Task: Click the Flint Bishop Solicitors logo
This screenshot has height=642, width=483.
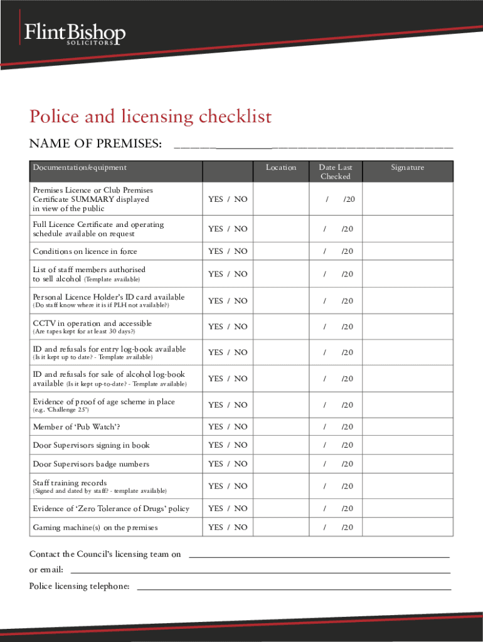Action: coord(74,34)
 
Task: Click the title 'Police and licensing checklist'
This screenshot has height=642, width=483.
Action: coord(151,117)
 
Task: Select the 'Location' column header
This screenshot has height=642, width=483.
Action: coord(280,167)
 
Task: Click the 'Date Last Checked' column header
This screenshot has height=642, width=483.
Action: coord(336,172)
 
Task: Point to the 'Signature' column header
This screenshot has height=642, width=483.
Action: coord(407,167)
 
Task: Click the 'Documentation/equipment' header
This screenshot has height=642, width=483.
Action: coord(80,167)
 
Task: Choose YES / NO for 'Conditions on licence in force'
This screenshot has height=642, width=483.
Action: coord(228,251)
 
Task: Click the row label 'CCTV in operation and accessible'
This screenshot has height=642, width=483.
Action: coord(92,324)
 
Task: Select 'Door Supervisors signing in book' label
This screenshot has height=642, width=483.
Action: coord(91,445)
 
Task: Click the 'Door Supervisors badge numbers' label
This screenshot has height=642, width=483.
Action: coord(91,464)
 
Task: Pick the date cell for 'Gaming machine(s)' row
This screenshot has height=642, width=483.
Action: coord(336,527)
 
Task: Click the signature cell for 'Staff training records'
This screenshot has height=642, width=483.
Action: coord(407,486)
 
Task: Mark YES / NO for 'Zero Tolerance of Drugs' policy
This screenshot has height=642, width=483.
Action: coord(228,508)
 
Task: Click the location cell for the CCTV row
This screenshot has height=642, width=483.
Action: coord(280,327)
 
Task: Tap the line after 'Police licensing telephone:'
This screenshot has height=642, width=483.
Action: coord(294,588)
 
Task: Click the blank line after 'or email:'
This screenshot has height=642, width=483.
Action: coord(260,571)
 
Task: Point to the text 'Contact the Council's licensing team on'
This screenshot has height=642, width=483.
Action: coord(105,554)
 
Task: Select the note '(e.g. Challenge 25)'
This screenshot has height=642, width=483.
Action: coord(61,410)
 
